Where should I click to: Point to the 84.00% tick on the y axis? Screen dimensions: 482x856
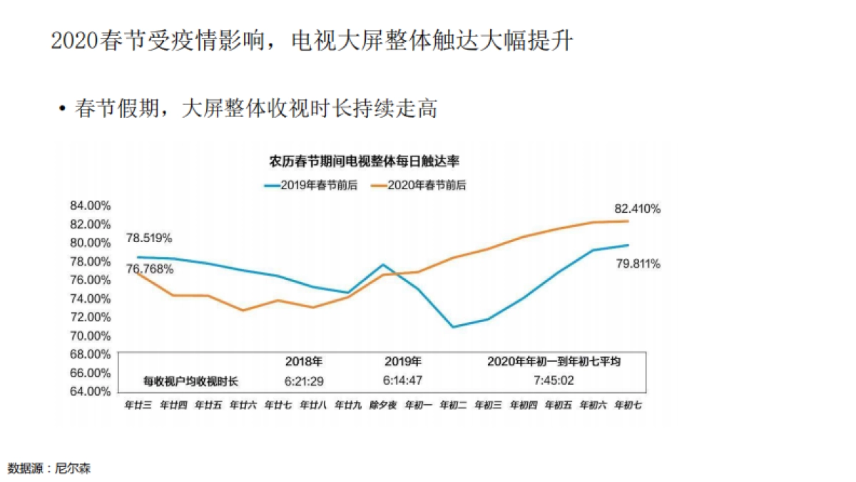pos(90,206)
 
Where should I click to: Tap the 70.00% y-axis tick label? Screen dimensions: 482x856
pos(90,336)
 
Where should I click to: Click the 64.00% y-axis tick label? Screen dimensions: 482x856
pos(90,391)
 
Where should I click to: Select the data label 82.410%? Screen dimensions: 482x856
pos(637,209)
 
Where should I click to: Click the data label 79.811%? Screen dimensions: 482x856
pos(637,263)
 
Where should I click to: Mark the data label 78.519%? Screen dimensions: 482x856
pos(149,238)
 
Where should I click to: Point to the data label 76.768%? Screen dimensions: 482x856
pos(149,269)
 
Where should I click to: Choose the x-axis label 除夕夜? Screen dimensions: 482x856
pos(382,405)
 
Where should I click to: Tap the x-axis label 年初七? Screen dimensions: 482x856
pos(628,405)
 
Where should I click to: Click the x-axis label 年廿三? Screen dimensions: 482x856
pos(138,405)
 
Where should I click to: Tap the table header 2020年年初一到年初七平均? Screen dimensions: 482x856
pos(554,361)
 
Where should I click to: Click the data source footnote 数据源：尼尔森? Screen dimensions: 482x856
pos(49,469)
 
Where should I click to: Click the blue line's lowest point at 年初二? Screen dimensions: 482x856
pos(452,327)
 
